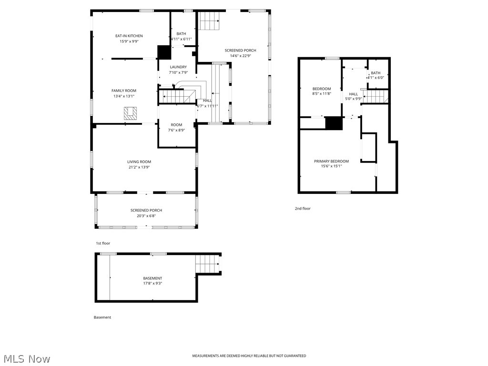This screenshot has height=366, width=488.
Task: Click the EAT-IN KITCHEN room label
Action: (x=129, y=36)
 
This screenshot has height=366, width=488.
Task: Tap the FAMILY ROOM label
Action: (x=124, y=91)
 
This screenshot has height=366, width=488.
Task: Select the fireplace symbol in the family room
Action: (x=130, y=113)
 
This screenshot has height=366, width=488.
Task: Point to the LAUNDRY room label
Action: (x=178, y=67)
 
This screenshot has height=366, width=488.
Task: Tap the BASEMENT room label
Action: (x=152, y=278)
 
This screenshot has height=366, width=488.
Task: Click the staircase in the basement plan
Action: (x=207, y=264)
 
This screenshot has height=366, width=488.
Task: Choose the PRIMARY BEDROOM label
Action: (x=331, y=161)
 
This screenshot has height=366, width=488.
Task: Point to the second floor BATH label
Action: (x=376, y=73)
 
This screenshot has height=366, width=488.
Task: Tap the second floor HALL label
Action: (x=353, y=94)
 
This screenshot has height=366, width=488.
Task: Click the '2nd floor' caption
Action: (x=303, y=208)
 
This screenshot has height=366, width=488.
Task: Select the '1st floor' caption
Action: (x=103, y=243)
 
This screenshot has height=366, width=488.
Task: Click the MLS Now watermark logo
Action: (x=26, y=358)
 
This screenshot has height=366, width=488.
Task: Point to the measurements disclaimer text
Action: (x=249, y=356)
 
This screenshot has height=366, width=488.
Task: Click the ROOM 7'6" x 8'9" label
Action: (x=176, y=125)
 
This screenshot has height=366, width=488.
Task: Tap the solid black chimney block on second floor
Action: (x=334, y=123)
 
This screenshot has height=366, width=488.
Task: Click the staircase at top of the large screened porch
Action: (x=209, y=20)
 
